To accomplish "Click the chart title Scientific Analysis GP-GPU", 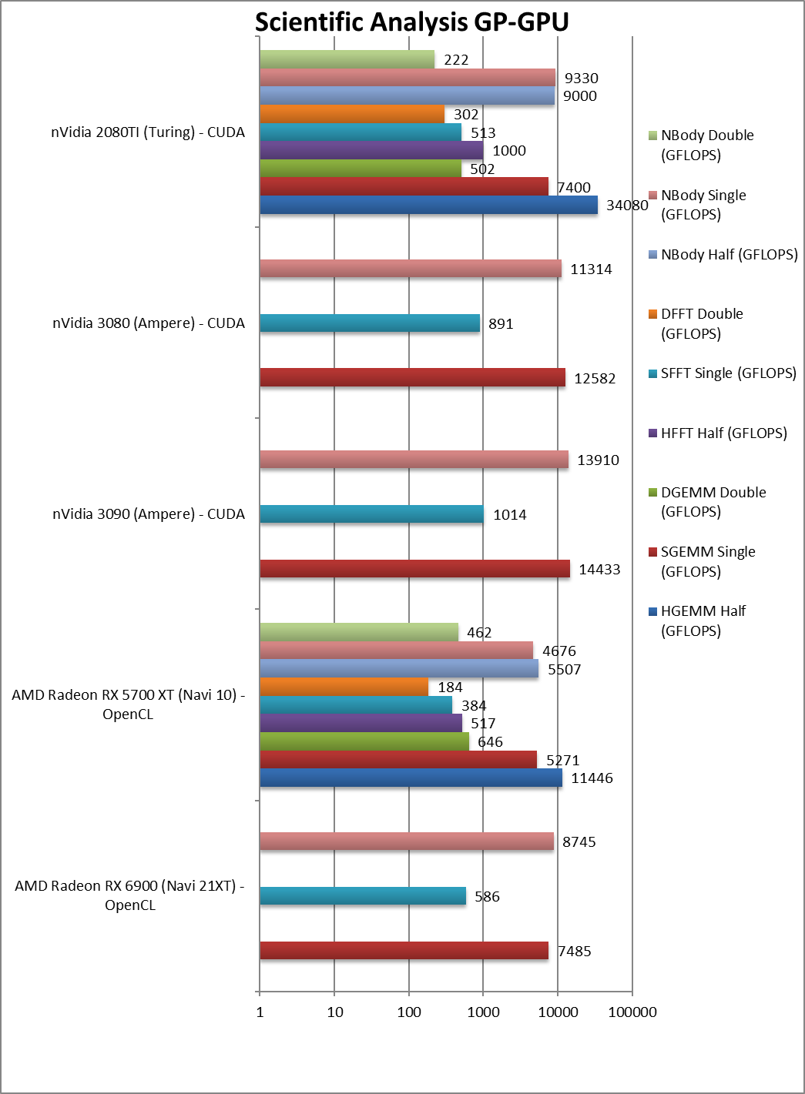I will point(411,22).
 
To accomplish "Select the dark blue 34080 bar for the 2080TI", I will point(428,205).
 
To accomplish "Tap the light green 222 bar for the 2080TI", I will point(347,59).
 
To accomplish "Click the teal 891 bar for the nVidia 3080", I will point(370,323).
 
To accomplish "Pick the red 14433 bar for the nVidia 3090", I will point(414,569).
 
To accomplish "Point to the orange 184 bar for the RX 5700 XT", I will point(344,687).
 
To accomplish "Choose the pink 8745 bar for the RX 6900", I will point(407,841).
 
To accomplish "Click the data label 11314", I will point(591,269).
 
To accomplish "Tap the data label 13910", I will point(598,460).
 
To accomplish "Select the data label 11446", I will point(592,778).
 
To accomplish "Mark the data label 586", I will point(487,897).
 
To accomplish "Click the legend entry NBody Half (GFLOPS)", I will point(729,255).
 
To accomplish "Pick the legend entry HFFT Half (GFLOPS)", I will point(723,433).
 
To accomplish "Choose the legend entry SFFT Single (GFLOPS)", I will point(728,373).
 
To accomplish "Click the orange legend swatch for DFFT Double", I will point(653,314).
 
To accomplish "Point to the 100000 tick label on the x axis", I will point(632,1012).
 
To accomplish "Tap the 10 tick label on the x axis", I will point(335,1012).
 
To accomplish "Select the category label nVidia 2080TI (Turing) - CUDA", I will point(148,132).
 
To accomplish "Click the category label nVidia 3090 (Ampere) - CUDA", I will point(149,514).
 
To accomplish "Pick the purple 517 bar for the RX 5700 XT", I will point(361,724).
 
